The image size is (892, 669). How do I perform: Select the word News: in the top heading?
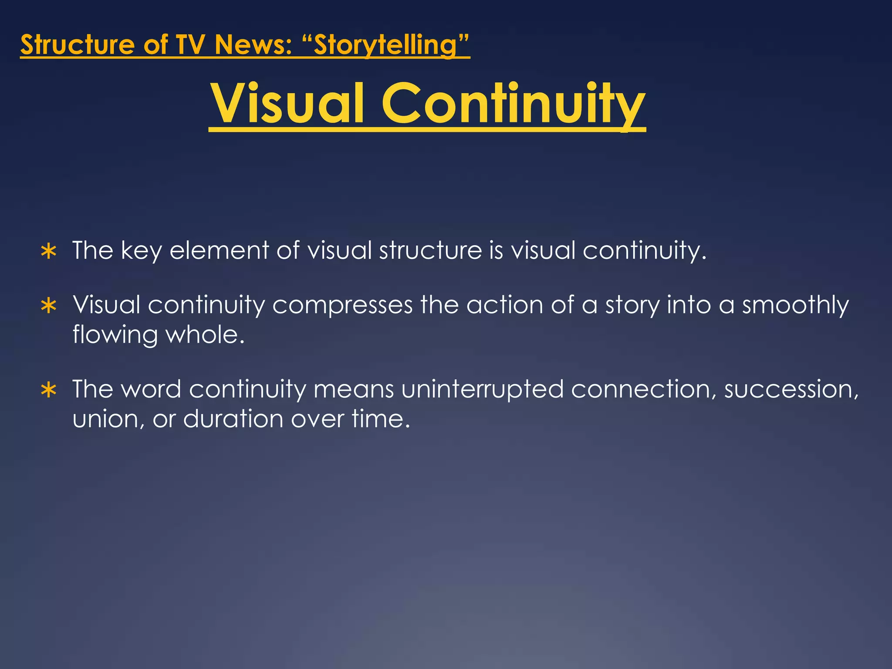[x=253, y=45]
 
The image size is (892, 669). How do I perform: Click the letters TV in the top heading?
[x=189, y=45]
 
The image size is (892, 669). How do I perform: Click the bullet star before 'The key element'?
[x=49, y=252]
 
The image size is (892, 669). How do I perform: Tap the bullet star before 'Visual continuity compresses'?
[x=49, y=306]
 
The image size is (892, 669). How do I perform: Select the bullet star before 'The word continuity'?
[x=49, y=390]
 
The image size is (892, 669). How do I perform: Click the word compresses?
[x=342, y=305]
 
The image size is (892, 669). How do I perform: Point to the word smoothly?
[x=795, y=305]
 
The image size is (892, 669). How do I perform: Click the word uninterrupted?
[x=482, y=389]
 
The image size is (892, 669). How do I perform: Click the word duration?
[x=233, y=419]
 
